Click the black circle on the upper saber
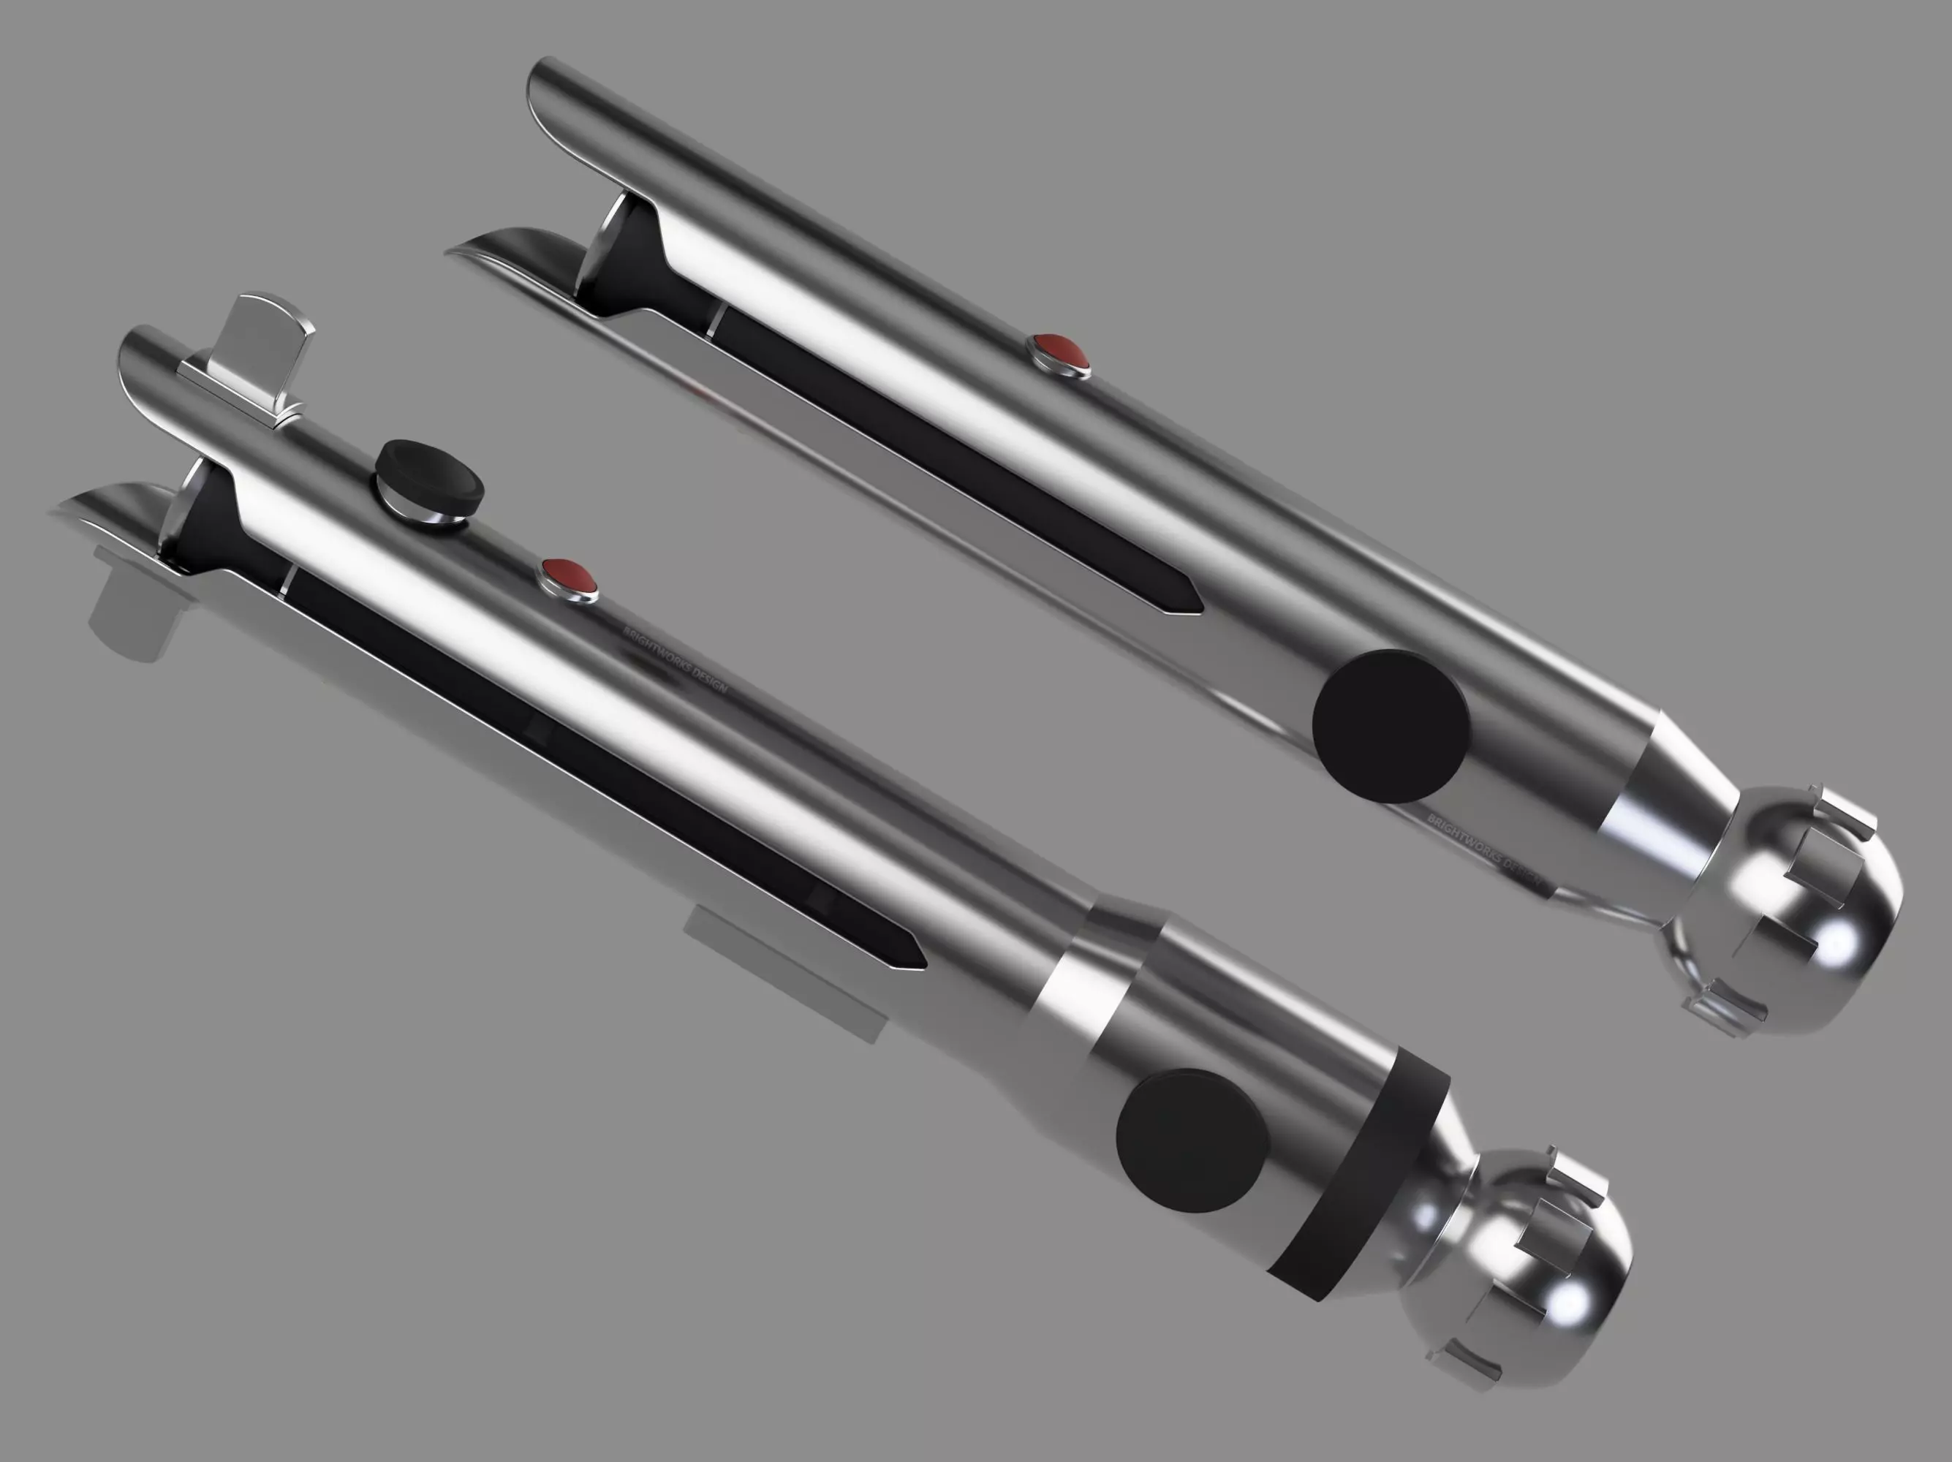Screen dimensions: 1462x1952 click(1390, 725)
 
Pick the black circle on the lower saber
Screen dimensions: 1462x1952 click(1192, 1139)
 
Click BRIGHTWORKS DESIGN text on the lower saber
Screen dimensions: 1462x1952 click(675, 657)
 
